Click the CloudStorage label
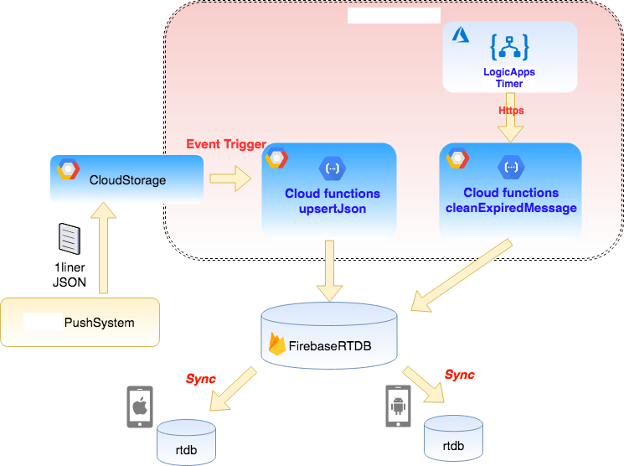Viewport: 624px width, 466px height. coord(127,180)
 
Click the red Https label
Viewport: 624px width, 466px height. coord(511,110)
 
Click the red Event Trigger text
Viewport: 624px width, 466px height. coord(226,144)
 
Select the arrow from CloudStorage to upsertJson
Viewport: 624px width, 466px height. coord(229,177)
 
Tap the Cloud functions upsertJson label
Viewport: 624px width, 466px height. coord(333,201)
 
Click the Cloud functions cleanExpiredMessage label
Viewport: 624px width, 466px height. coord(511,200)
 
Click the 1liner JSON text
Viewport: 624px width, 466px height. coord(70,275)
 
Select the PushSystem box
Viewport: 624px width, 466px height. coord(80,322)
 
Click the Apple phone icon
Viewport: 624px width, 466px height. coord(139,407)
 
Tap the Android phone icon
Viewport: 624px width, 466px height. coord(397,406)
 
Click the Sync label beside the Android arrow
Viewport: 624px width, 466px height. coord(459,375)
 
